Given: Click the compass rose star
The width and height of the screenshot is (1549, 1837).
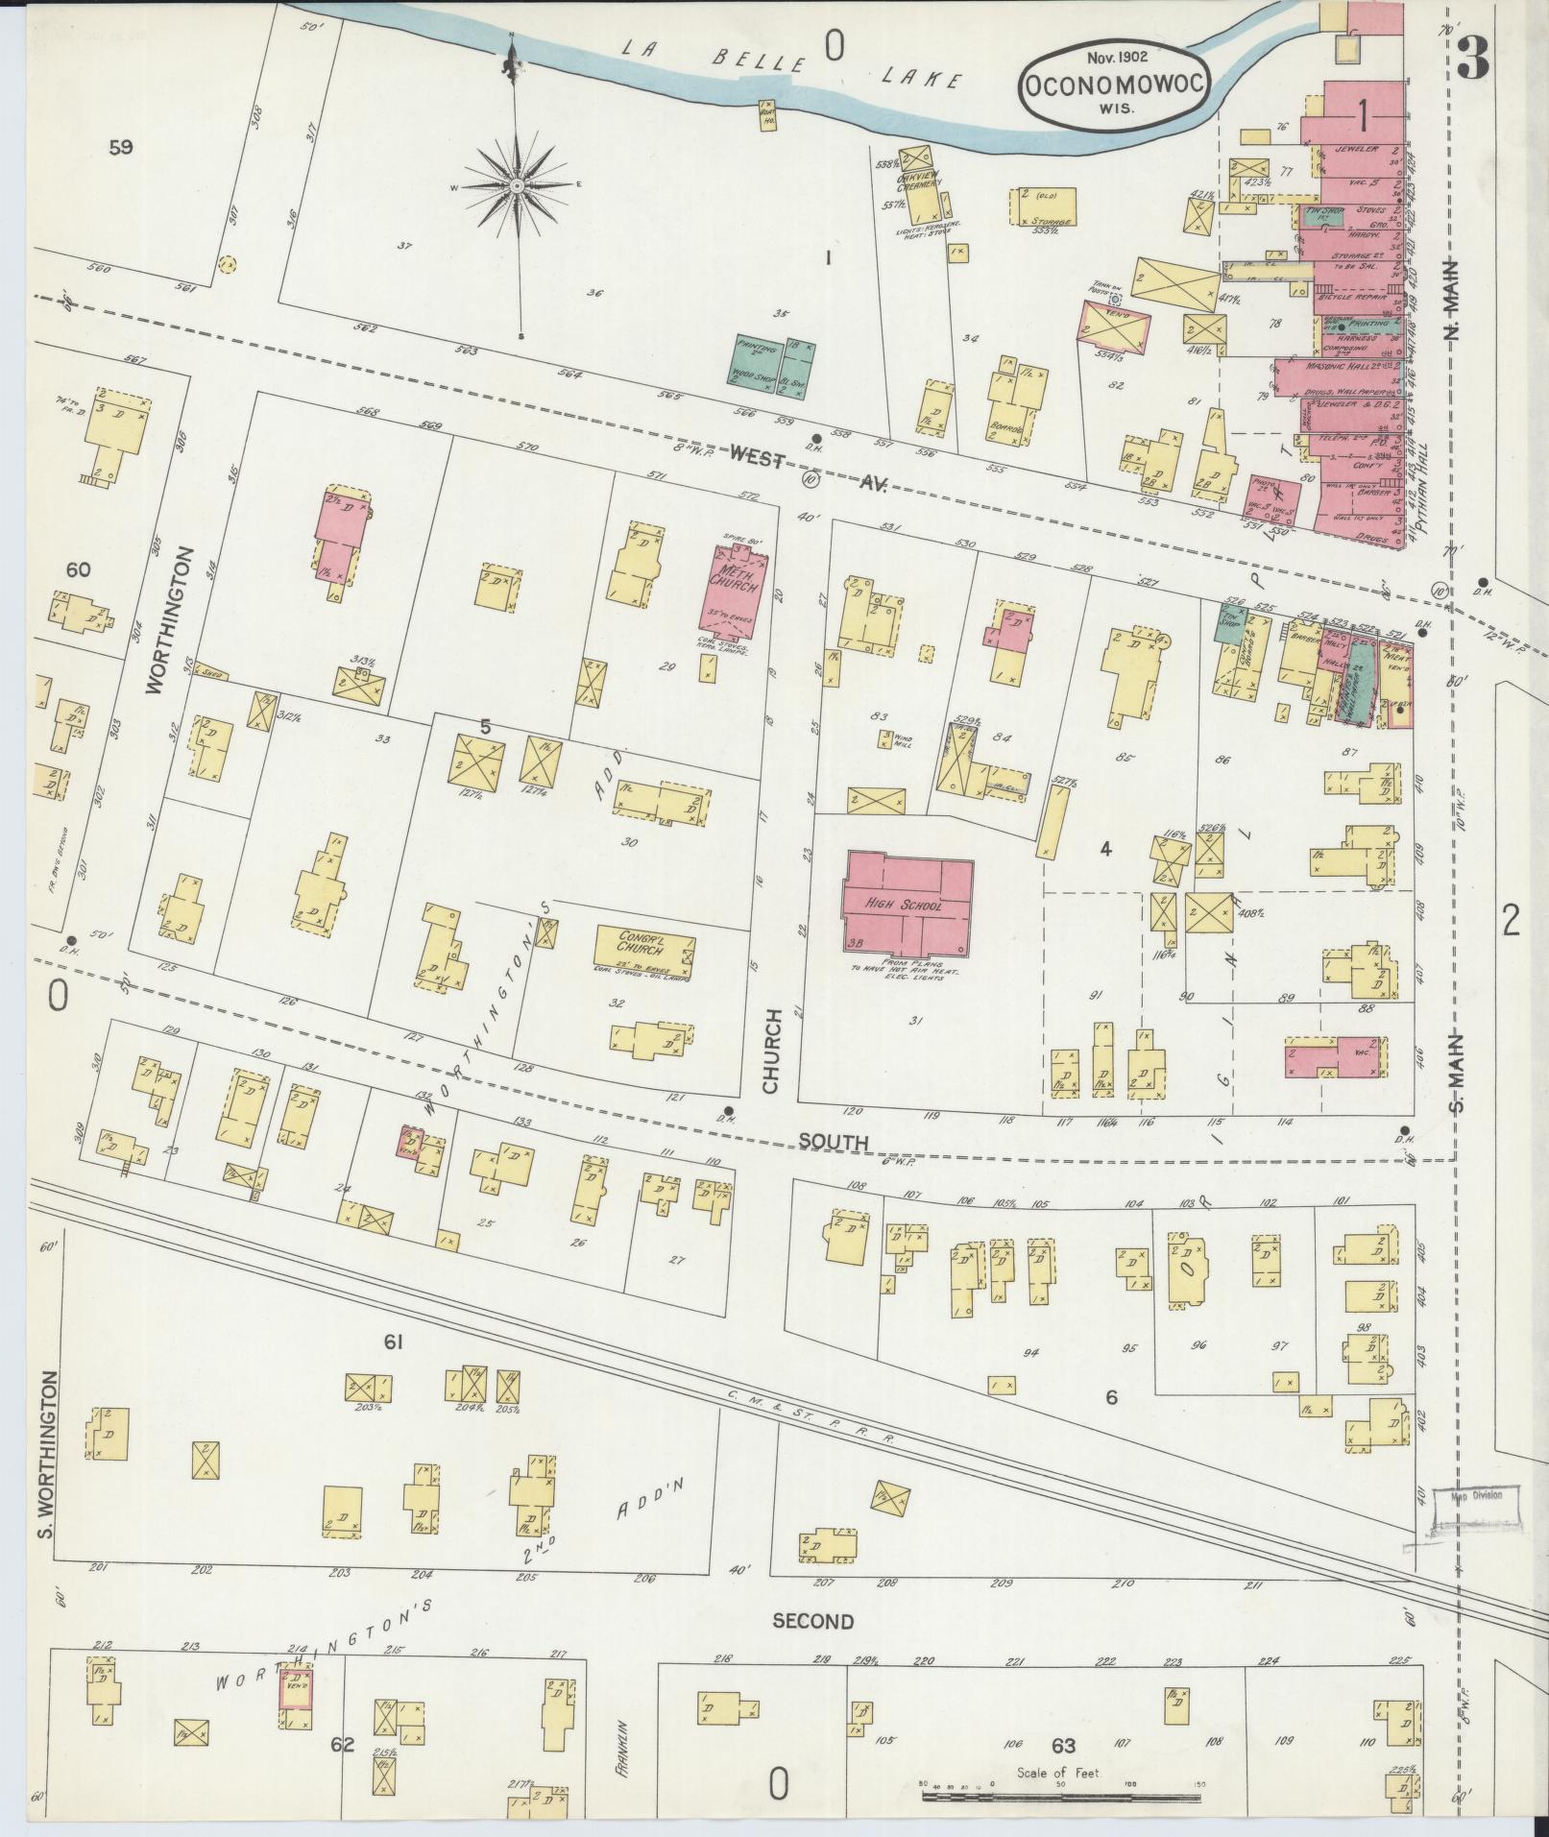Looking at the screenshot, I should click(x=516, y=184).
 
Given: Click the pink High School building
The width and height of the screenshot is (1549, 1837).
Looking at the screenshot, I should click(x=908, y=904).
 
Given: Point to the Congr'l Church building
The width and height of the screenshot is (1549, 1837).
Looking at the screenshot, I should click(x=644, y=949).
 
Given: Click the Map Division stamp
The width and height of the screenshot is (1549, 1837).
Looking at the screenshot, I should click(x=1475, y=1522).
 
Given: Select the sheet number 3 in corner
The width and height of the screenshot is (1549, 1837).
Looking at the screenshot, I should click(x=1472, y=60).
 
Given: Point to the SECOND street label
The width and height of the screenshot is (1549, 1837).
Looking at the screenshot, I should click(x=812, y=1621).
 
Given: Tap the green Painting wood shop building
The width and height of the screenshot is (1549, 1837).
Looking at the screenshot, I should click(x=775, y=360).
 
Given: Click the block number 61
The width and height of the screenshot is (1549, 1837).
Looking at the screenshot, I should click(x=392, y=1342).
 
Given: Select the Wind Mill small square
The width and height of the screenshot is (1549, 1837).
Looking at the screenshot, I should click(x=884, y=738).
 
